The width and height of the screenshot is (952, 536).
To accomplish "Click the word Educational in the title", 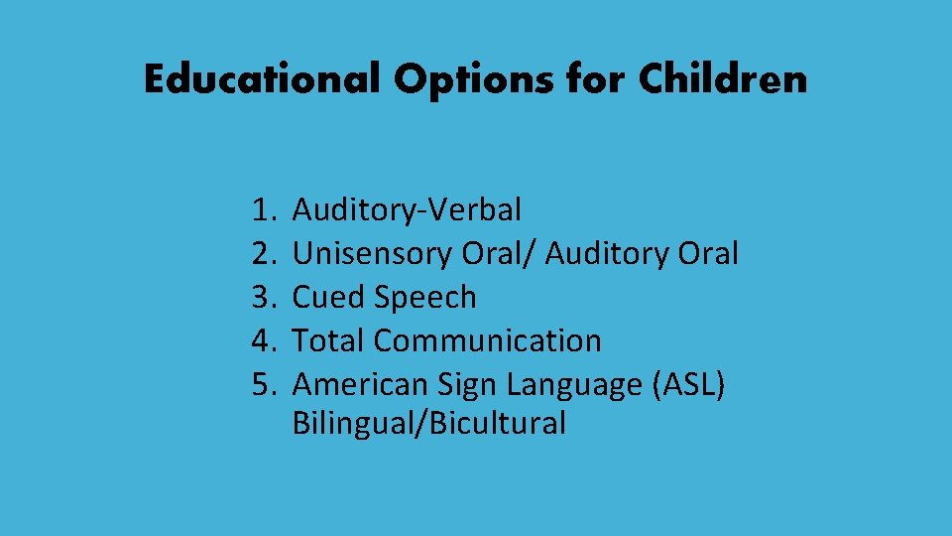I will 262,79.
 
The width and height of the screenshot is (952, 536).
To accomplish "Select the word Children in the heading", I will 723,79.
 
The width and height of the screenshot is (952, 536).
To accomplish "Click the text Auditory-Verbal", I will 407,210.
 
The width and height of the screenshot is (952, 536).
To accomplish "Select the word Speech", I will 426,297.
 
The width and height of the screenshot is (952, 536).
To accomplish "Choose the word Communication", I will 487,340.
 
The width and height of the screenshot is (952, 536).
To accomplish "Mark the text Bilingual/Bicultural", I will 429,424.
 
